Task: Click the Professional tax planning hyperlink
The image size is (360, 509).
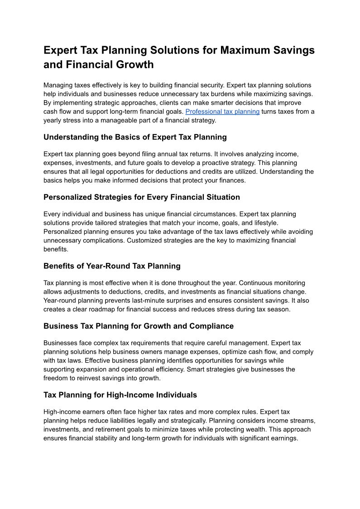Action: click(222, 111)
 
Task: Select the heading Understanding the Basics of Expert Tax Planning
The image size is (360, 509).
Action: click(135, 137)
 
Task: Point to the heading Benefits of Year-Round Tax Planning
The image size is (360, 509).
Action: click(112, 266)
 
